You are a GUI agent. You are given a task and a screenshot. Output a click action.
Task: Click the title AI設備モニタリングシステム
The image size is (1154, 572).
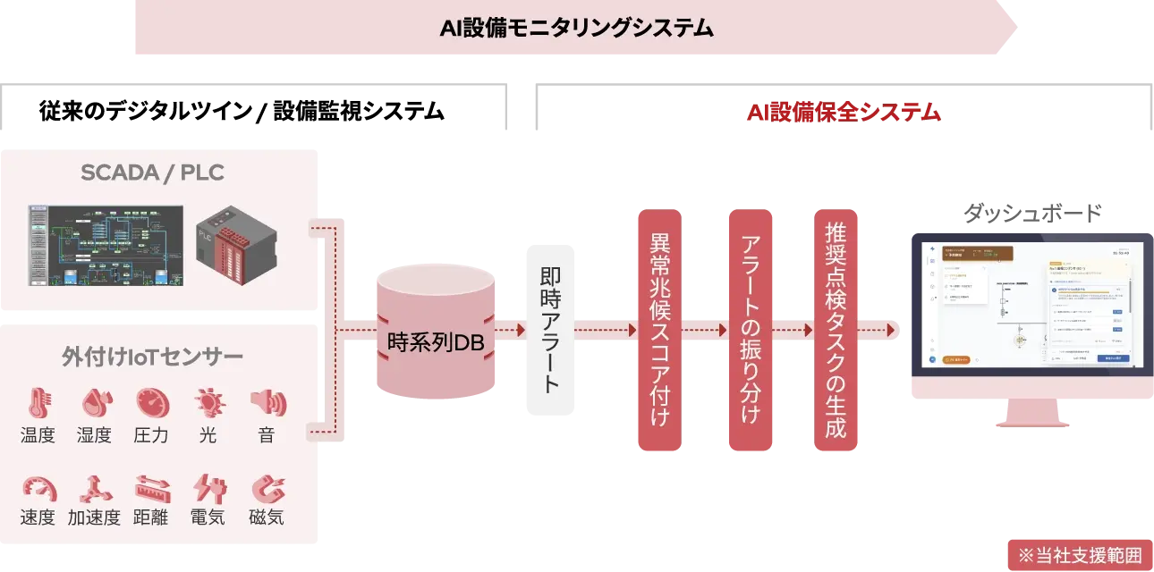[576, 29]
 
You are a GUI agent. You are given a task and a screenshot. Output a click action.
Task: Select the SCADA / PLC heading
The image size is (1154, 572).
[152, 172]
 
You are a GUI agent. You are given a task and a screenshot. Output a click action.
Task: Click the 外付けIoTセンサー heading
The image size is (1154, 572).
[152, 357]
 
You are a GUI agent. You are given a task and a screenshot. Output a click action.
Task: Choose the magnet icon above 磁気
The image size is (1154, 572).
[267, 488]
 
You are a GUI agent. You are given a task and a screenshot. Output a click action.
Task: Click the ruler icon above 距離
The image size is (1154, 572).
[152, 488]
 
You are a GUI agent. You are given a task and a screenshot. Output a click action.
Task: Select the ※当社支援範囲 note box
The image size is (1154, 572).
[1074, 554]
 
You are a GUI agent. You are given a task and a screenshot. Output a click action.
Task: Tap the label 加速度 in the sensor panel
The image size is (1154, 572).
[94, 517]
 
